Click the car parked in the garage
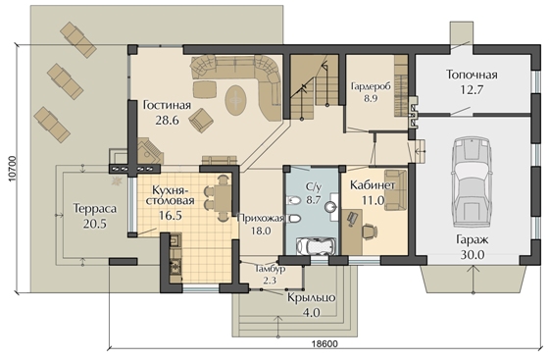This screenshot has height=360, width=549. click(x=470, y=182)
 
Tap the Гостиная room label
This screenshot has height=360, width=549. click(x=167, y=105)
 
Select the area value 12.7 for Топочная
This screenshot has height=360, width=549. click(x=472, y=89)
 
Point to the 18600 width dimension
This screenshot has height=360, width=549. click(x=324, y=344)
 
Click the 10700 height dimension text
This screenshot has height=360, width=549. click(x=12, y=168)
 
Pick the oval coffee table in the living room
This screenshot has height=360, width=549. click(x=236, y=100)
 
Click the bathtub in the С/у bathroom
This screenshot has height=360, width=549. click(x=316, y=246)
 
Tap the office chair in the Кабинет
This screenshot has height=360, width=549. click(x=369, y=231)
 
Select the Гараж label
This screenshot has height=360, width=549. click(x=472, y=240)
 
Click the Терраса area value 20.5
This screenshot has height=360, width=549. click(x=95, y=224)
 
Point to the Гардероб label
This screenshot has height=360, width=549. click(x=371, y=86)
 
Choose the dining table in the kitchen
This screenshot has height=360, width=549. click(x=223, y=198)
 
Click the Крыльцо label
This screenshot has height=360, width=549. click(x=312, y=298)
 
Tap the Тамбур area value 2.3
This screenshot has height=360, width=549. click(x=270, y=281)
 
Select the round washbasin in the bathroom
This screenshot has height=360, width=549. click(x=330, y=207)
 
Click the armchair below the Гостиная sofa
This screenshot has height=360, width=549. click(x=201, y=120)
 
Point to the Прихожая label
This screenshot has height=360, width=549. click(x=260, y=219)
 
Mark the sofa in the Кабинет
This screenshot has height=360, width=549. click(x=396, y=190)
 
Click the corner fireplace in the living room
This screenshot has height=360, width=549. click(x=149, y=151)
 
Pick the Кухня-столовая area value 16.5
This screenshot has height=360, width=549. click(x=171, y=215)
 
